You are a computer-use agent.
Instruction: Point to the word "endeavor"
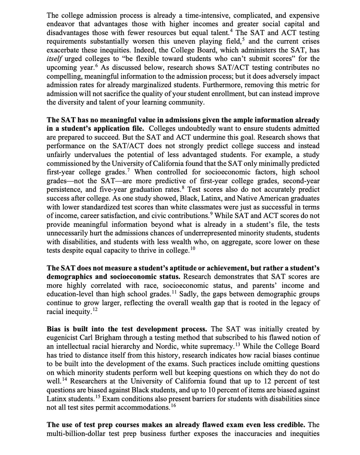coord(60,24)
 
